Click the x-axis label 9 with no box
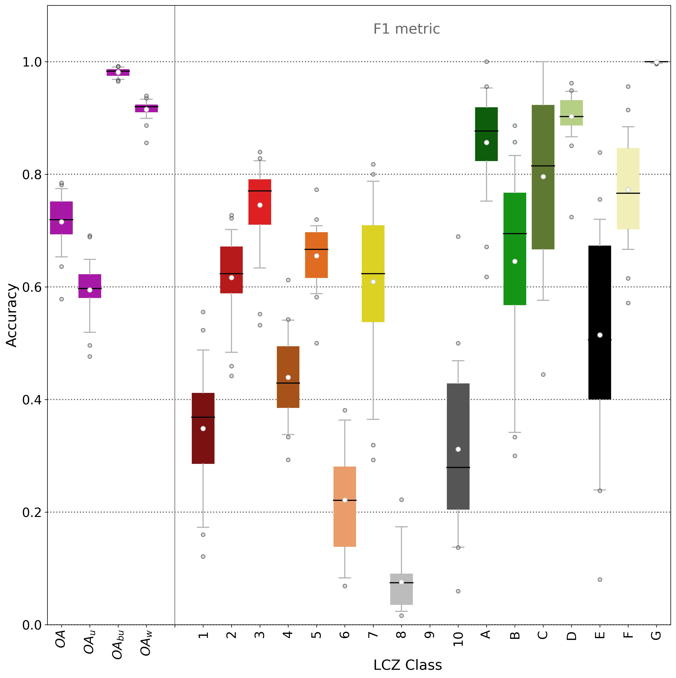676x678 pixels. coord(430,635)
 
